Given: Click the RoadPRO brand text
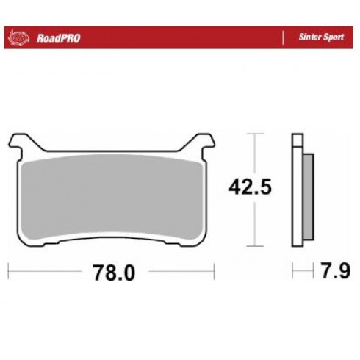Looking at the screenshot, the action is pos(58,38).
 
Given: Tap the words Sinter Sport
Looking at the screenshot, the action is pos(321,37).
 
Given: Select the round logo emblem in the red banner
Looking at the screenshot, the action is pos(18,37).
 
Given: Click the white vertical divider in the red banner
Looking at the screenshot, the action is pos(284,37).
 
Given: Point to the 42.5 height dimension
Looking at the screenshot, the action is pos(250,187).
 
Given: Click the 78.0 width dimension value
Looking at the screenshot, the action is pos(114,273).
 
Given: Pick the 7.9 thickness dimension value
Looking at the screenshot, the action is pos(336,270).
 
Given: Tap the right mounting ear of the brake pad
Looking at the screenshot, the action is pos(201,142).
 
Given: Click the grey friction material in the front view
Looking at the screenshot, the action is pos(112,197).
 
